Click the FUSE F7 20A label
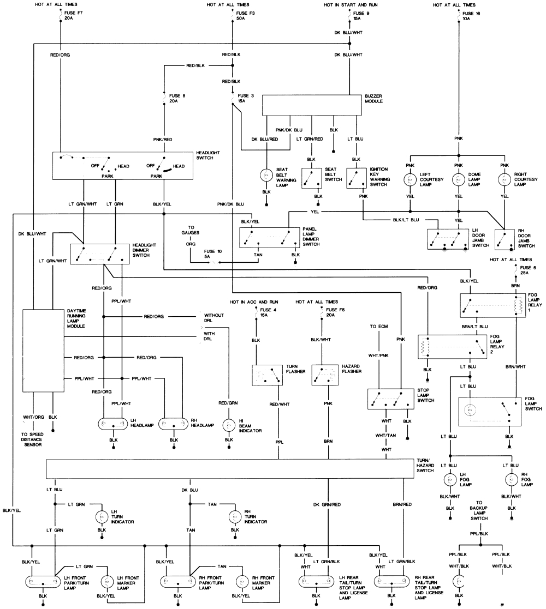tap(72, 15)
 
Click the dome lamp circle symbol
tap(459, 179)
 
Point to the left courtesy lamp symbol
tap(410, 179)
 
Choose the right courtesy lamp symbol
tap(505, 179)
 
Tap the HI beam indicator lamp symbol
tap(228, 424)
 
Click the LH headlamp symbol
tap(114, 424)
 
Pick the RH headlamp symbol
tap(174, 424)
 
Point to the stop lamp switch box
tap(390, 400)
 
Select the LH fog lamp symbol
tap(450, 480)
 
